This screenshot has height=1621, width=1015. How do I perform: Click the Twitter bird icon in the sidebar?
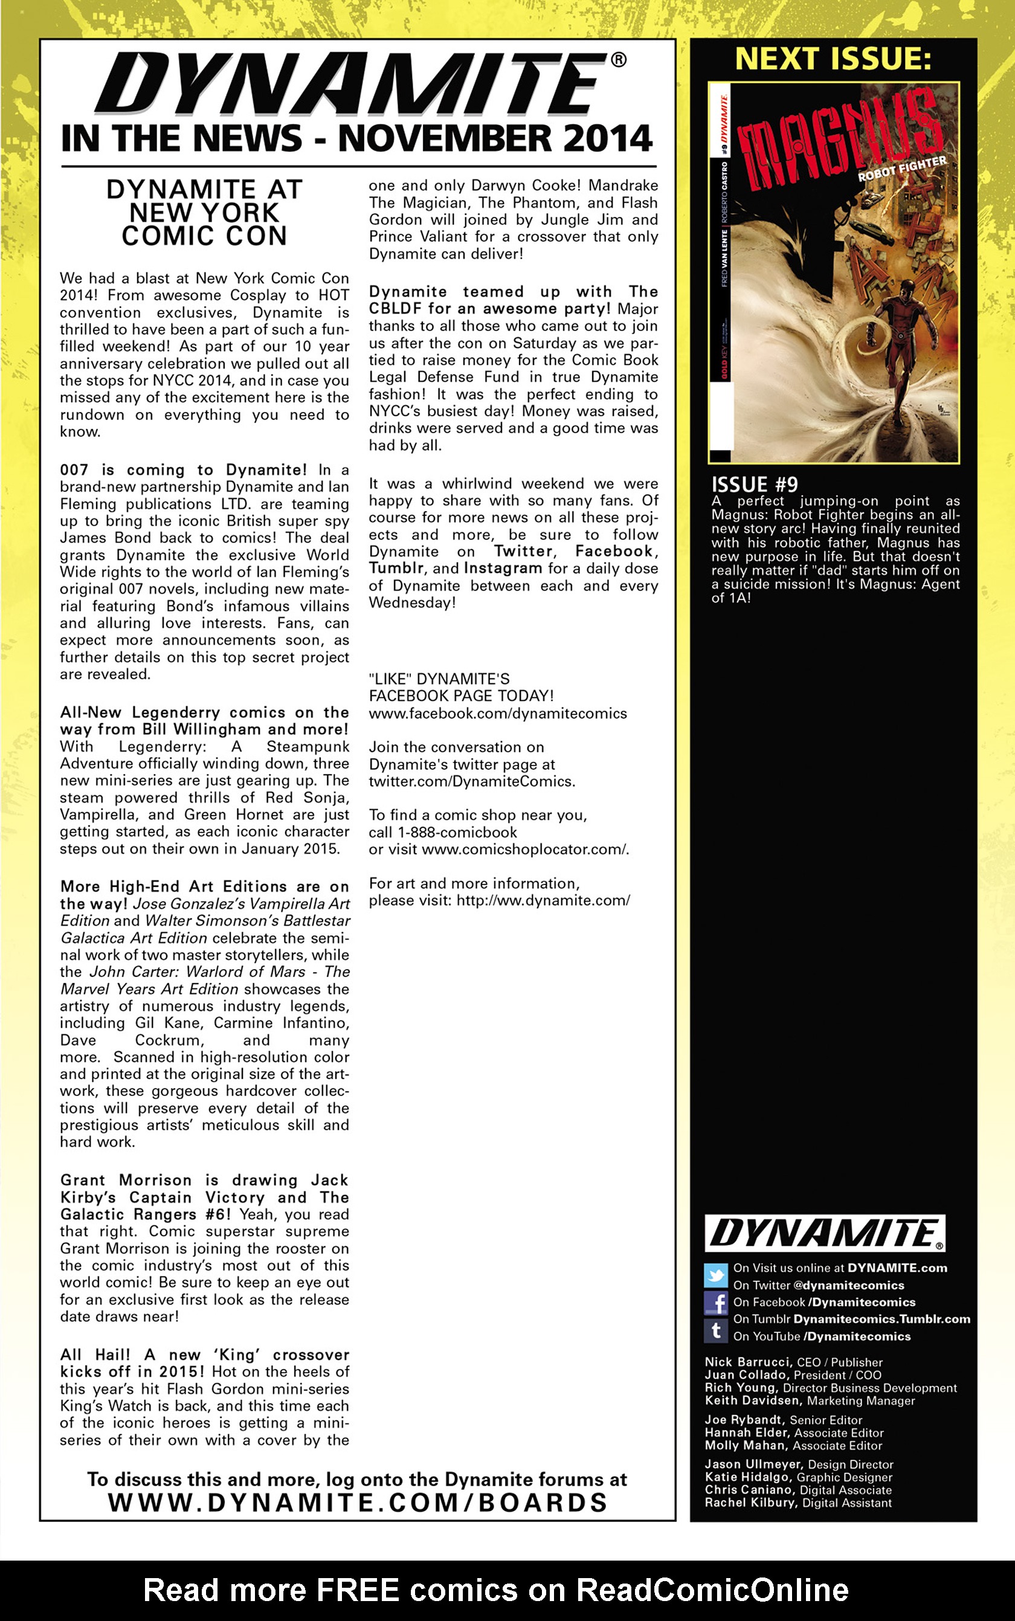715,1275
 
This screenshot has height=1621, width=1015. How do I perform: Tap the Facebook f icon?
715,1303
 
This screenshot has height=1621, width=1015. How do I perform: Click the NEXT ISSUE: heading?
833,59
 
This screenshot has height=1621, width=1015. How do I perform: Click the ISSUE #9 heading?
754,485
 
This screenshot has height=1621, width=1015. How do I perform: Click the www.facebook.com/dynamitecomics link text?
497,714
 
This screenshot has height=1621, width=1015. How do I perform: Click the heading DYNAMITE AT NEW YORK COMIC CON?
204,213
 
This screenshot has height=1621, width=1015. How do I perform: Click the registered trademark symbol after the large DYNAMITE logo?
618,60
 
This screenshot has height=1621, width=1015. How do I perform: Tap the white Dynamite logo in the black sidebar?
824,1233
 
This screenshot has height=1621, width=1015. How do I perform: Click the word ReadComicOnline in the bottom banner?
712,1590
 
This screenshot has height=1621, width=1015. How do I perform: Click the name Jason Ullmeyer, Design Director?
798,1464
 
